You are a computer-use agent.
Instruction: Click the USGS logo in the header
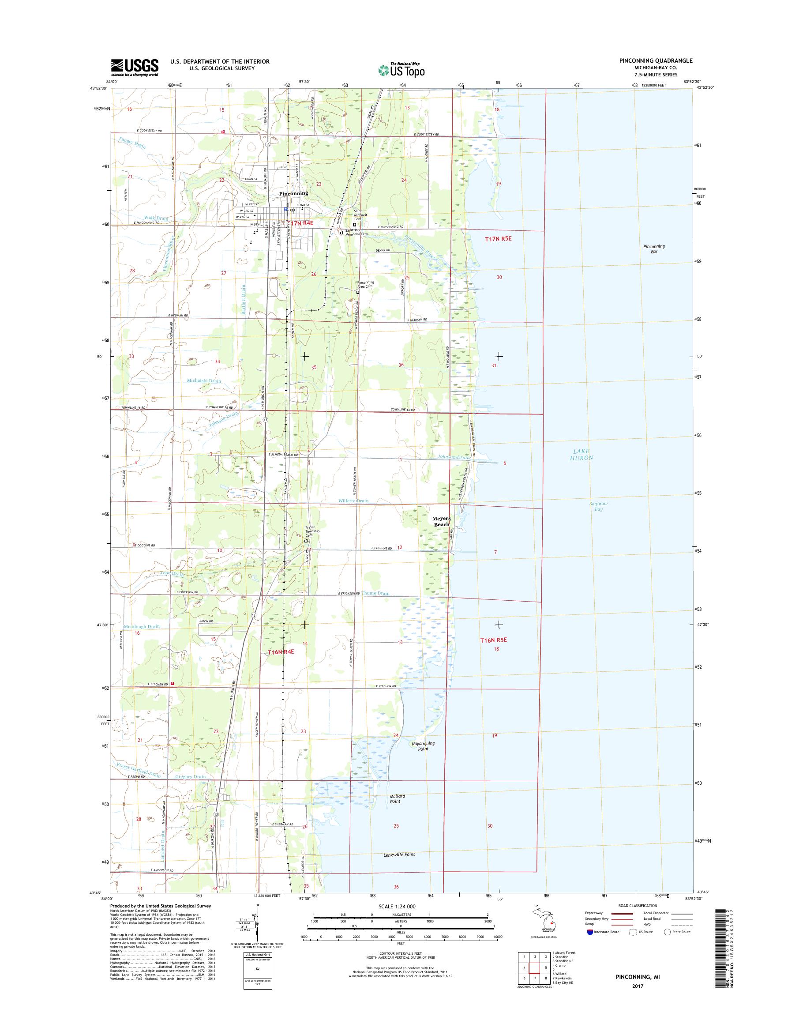click(135, 67)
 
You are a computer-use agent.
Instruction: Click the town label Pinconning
click(293, 193)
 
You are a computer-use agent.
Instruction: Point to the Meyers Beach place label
click(441, 521)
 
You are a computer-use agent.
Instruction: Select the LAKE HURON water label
click(582, 454)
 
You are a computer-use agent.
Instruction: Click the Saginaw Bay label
click(598, 506)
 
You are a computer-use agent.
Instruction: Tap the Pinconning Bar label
click(654, 249)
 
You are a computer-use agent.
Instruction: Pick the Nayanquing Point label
click(423, 746)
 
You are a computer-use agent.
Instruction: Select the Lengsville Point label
click(396, 854)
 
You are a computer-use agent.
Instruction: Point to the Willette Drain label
click(353, 501)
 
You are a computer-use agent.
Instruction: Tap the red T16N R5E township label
click(493, 640)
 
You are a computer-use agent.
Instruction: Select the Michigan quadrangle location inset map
click(544, 925)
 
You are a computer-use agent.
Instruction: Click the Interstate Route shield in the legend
click(590, 945)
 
